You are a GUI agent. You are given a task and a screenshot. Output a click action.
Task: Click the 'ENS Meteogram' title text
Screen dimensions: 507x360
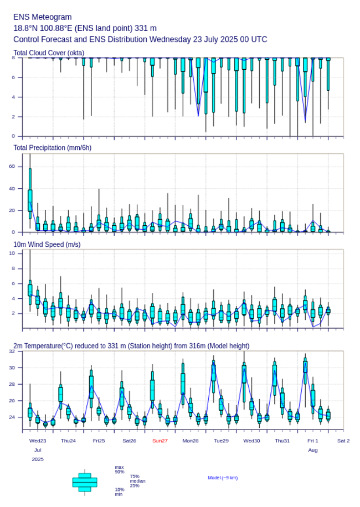(x=42, y=17)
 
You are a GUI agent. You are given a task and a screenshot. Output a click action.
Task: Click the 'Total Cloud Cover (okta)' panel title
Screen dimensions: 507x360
(x=49, y=53)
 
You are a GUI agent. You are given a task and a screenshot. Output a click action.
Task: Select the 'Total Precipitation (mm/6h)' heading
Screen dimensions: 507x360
(x=53, y=147)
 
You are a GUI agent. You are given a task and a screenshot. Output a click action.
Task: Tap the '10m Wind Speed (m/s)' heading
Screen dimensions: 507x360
(x=47, y=244)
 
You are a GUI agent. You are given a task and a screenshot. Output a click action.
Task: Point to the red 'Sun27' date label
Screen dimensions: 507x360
(x=160, y=441)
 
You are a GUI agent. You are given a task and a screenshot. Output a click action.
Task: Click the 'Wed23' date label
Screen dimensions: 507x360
(x=38, y=441)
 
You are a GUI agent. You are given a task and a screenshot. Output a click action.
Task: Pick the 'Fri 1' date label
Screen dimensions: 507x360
(x=313, y=441)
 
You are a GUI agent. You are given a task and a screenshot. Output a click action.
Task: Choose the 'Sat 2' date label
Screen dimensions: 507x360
(x=343, y=441)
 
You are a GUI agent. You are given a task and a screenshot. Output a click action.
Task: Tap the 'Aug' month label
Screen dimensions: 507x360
(x=313, y=450)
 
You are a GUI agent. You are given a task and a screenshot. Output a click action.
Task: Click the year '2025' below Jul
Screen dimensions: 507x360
(x=38, y=459)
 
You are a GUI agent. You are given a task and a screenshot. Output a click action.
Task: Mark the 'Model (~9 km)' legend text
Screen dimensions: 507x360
(x=223, y=478)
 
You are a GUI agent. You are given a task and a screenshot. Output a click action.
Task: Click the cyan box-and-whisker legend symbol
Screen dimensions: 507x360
(x=85, y=482)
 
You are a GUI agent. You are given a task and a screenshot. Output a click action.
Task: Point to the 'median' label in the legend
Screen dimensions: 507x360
(x=137, y=481)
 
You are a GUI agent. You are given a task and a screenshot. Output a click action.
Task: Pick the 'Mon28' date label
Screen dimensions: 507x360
(x=191, y=441)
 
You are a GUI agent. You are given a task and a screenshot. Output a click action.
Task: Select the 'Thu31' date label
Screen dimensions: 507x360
(x=282, y=441)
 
